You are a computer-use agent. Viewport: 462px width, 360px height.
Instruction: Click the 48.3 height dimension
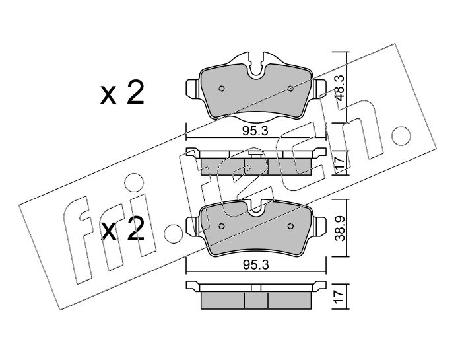[x=341, y=87]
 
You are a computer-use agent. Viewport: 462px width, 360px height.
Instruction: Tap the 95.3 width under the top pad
[x=255, y=131]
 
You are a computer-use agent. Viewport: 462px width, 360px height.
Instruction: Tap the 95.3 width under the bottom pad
[x=255, y=265]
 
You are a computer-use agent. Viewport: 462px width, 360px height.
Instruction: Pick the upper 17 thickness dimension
[x=341, y=162]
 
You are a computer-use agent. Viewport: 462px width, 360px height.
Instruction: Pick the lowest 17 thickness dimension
[x=341, y=297]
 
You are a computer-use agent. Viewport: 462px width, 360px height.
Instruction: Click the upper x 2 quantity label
[x=122, y=93]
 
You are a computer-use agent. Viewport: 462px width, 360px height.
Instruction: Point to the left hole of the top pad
[x=222, y=88]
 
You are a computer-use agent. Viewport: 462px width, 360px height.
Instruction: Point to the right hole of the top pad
[x=290, y=88]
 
